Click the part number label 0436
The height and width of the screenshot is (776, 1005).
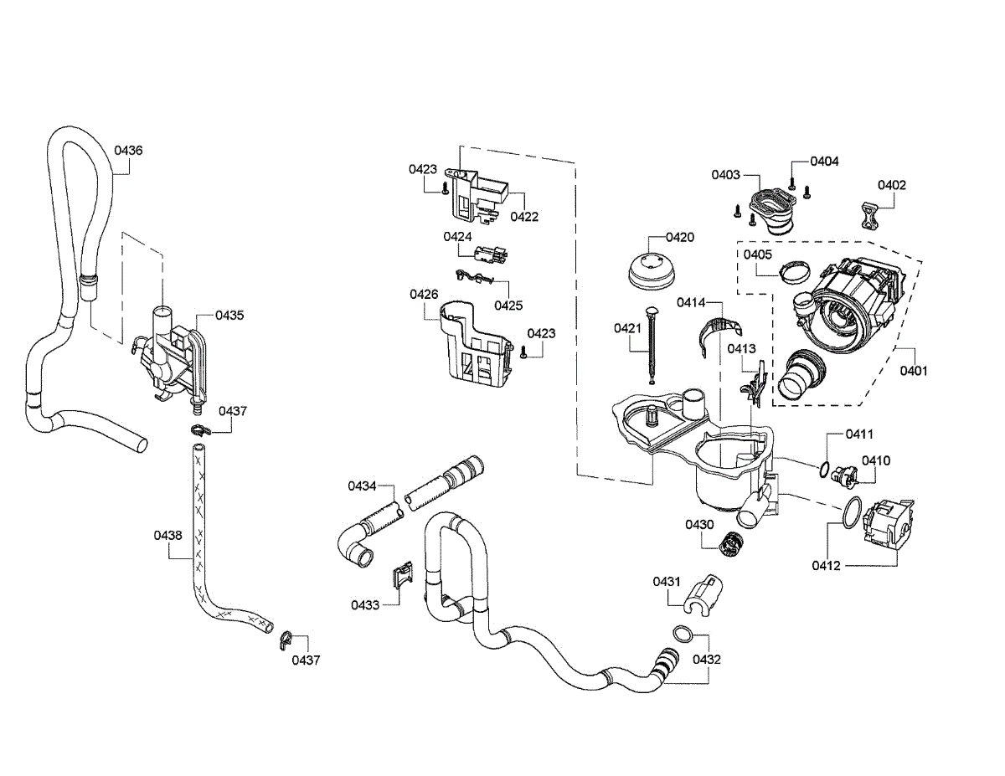(x=128, y=150)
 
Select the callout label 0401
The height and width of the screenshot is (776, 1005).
(x=914, y=371)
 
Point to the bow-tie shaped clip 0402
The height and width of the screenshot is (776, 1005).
(x=869, y=215)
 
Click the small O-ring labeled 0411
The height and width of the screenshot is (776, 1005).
(x=824, y=470)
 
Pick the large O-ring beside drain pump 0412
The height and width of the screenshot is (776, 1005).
(x=852, y=512)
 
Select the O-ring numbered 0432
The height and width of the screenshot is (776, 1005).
(x=683, y=634)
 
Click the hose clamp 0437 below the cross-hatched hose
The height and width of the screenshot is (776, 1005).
(x=286, y=640)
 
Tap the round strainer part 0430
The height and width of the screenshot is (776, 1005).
(x=730, y=544)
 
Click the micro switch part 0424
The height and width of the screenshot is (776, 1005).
(x=491, y=254)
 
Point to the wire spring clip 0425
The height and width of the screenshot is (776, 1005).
(x=474, y=277)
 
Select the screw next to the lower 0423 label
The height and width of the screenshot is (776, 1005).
(x=523, y=352)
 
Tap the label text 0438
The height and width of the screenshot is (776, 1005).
(x=167, y=535)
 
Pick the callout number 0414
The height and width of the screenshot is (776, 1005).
(x=691, y=303)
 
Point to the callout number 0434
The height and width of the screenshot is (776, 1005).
(x=362, y=486)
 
